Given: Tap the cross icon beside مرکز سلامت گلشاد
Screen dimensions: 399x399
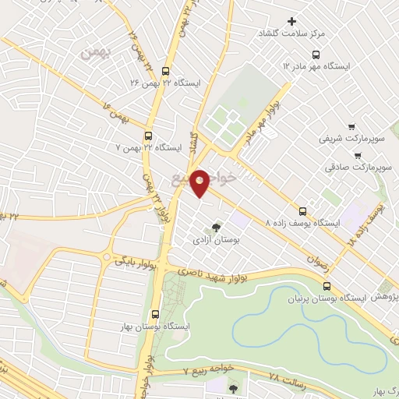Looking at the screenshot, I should pyautogui.click(x=293, y=21).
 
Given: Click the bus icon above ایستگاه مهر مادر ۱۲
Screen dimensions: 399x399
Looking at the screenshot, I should pyautogui.click(x=315, y=55).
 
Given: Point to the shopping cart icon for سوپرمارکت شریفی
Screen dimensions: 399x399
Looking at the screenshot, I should pyautogui.click(x=351, y=126).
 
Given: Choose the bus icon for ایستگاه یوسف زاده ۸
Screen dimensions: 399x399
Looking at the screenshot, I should pyautogui.click(x=303, y=210).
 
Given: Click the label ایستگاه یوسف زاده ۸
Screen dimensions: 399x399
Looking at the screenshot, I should pyautogui.click(x=303, y=223).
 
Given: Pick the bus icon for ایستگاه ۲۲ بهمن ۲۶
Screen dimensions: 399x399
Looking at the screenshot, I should pyautogui.click(x=164, y=69).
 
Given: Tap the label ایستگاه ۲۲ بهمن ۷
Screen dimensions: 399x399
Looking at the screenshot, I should pyautogui.click(x=148, y=147).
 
